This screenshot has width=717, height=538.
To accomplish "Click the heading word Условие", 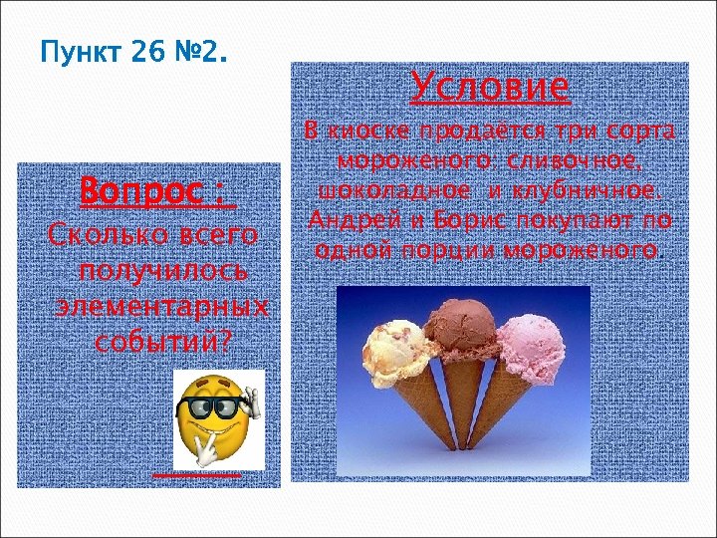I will click(x=490, y=89).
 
